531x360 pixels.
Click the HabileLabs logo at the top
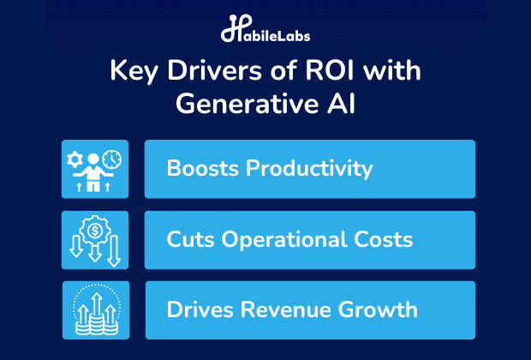point(265,28)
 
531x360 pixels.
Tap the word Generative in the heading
point(247,104)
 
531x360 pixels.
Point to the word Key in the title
point(134,72)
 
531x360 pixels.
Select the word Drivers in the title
point(215,70)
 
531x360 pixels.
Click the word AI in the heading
point(342,104)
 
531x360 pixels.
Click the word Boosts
point(202,168)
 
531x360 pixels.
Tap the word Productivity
point(309,169)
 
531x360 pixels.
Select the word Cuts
point(191,239)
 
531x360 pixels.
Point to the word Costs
point(384,239)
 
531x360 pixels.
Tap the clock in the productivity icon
point(111,159)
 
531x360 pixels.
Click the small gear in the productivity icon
point(75,159)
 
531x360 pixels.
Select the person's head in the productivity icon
point(93,159)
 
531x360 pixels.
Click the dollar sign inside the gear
point(95,231)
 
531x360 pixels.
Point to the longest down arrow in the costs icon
point(114,251)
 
